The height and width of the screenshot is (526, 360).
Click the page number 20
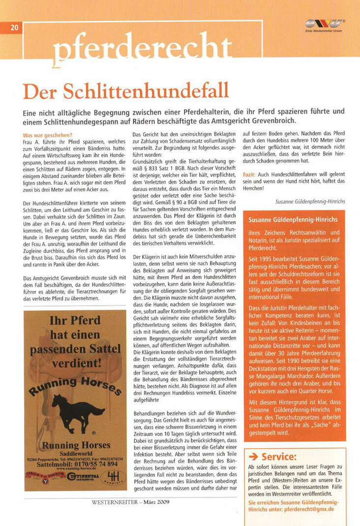(x=14, y=28)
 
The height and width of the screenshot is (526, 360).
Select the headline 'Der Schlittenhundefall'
(x=126, y=91)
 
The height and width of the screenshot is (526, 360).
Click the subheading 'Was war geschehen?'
(x=48, y=136)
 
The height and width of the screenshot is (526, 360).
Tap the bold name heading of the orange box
(x=293, y=220)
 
